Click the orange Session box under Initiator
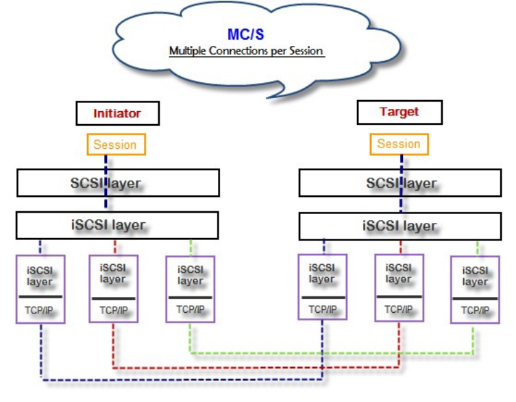point(116,145)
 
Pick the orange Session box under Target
point(398,144)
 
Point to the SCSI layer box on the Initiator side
point(118,183)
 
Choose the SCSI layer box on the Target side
point(401,183)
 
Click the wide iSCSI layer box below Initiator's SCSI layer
point(117,224)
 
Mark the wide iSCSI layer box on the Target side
point(401,224)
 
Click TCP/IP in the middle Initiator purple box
point(113,310)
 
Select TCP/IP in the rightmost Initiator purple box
point(190,309)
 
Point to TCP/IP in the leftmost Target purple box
point(321,309)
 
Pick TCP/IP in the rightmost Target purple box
point(475,310)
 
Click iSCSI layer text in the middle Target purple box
point(399,273)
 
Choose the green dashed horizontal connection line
point(329,353)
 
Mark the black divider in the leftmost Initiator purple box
point(40,296)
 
